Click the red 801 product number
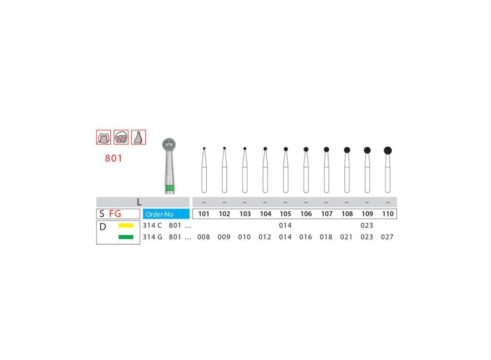[x=113, y=158]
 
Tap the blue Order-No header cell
[x=166, y=214]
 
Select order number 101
[x=203, y=214]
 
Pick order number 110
[x=387, y=214]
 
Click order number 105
[x=285, y=214]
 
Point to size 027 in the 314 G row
[x=387, y=237]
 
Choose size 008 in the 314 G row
[x=203, y=237]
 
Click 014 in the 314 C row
[x=285, y=225]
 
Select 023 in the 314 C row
[x=367, y=225]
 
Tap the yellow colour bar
[x=126, y=225]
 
